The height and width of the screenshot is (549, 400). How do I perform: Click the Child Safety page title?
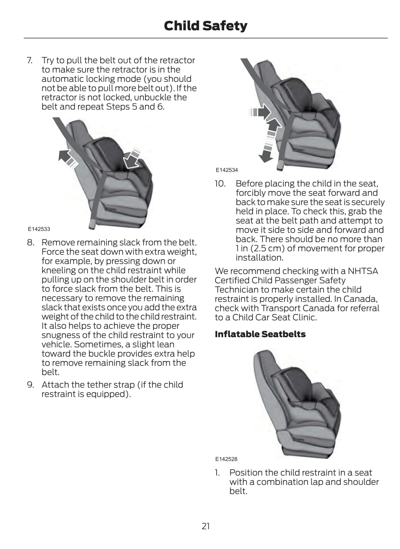coord(205,26)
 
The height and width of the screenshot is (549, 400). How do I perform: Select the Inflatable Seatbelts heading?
coord(260,334)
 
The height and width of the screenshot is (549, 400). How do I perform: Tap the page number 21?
coord(205,526)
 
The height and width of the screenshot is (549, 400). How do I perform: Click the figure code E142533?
coord(39,229)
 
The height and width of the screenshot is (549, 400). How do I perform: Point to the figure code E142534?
coord(227,170)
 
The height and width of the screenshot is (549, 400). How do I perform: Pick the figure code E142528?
coord(226,459)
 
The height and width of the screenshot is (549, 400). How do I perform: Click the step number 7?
coord(29,61)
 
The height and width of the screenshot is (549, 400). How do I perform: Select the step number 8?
coord(30,242)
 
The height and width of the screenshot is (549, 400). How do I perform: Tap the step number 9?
coord(30,385)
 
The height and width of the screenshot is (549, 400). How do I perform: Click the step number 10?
coord(220,184)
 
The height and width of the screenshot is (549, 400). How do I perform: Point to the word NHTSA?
coord(362,271)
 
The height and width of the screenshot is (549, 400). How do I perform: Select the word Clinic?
coord(304,318)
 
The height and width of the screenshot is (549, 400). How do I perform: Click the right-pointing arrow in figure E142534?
coord(261,112)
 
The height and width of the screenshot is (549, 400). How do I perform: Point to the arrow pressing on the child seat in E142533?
coord(132,159)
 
